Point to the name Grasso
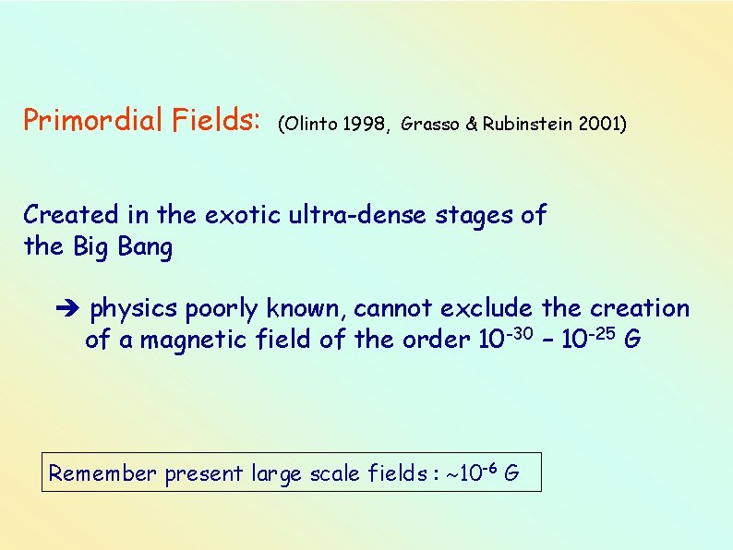431,125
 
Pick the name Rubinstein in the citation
527,125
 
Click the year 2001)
603,125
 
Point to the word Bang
146,247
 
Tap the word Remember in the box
103,474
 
